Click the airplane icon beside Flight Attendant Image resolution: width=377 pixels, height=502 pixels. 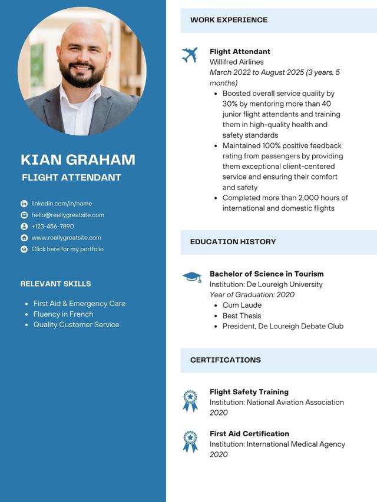pyautogui.click(x=190, y=55)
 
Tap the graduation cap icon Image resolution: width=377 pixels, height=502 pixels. pyautogui.click(x=191, y=277)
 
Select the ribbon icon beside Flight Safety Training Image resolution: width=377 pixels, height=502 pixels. pyautogui.click(x=190, y=401)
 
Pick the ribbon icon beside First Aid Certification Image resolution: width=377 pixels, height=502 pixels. pyautogui.click(x=190, y=441)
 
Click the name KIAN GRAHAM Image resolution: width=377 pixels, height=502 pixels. pyautogui.click(x=78, y=159)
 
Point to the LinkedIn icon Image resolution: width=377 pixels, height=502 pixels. pyautogui.click(x=24, y=204)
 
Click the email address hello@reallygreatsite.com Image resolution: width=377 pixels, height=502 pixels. pyautogui.click(x=68, y=215)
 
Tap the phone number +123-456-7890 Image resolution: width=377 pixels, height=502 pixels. pyautogui.click(x=53, y=227)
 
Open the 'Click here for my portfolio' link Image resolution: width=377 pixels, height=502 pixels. pyautogui.click(x=67, y=249)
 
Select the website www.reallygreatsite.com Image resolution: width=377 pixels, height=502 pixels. pyautogui.click(x=66, y=238)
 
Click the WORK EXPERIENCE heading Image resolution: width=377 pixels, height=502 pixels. pyautogui.click(x=229, y=20)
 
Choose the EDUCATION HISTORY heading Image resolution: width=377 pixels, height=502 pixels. pyautogui.click(x=233, y=242)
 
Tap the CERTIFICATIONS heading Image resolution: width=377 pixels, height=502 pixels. pyautogui.click(x=225, y=360)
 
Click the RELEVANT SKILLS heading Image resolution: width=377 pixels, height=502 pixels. pyautogui.click(x=56, y=284)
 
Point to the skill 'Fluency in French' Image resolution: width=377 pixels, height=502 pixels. pyautogui.click(x=63, y=314)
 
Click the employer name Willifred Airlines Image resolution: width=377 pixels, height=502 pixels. pyautogui.click(x=237, y=62)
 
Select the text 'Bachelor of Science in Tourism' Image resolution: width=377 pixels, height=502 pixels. pyautogui.click(x=266, y=274)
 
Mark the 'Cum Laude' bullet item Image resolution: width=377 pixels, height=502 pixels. pyautogui.click(x=242, y=305)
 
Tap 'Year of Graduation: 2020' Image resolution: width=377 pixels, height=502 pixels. pyautogui.click(x=252, y=295)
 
